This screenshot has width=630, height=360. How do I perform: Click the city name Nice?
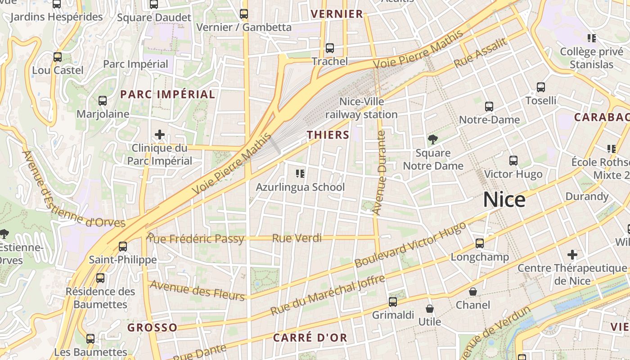pyautogui.click(x=504, y=199)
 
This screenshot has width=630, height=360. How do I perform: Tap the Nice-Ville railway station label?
pyautogui.click(x=361, y=108)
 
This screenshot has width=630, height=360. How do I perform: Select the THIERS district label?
pyautogui.click(x=328, y=135)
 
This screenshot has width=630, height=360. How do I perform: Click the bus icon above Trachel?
pyautogui.click(x=330, y=48)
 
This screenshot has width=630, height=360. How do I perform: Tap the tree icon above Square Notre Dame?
pyautogui.click(x=433, y=139)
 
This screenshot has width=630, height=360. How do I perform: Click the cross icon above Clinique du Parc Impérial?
pyautogui.click(x=159, y=135)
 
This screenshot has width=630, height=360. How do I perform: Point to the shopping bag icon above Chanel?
pyautogui.click(x=473, y=292)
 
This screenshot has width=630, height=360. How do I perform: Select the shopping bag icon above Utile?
pyautogui.click(x=430, y=309)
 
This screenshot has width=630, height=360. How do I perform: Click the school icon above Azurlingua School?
pyautogui.click(x=300, y=173)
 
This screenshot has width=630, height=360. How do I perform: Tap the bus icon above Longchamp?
pyautogui.click(x=480, y=243)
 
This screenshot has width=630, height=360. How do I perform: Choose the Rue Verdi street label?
pyautogui.click(x=297, y=238)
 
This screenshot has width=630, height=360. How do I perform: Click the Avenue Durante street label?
pyautogui.click(x=380, y=173)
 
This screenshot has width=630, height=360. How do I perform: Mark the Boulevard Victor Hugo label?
pyautogui.click(x=410, y=245)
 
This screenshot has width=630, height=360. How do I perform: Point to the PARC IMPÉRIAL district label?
pyautogui.click(x=168, y=94)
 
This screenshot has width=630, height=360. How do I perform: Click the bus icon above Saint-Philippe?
pyautogui.click(x=123, y=247)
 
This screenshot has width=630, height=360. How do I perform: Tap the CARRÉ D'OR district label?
pyautogui.click(x=310, y=337)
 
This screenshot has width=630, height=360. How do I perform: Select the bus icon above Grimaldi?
pyautogui.click(x=393, y=302)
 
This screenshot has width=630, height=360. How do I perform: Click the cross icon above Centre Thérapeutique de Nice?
pyautogui.click(x=572, y=255)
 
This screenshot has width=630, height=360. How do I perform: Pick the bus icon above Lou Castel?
pyautogui.click(x=58, y=57)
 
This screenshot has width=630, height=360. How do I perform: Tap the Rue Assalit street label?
pyautogui.click(x=481, y=53)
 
